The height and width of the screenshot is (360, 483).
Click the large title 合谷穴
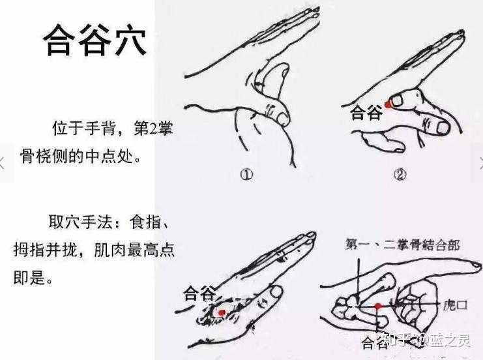pyautogui.click(x=95, y=40)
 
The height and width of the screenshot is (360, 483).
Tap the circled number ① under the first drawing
pyautogui.click(x=246, y=175)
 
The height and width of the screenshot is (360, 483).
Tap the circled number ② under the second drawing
pyautogui.click(x=400, y=175)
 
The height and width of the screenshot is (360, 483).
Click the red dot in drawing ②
pyautogui.click(x=388, y=105)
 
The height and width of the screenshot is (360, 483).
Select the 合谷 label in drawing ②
pyautogui.click(x=366, y=112)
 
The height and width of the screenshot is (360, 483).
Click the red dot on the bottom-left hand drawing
pyautogui.click(x=222, y=312)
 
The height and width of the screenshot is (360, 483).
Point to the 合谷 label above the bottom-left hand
pyautogui.click(x=199, y=293)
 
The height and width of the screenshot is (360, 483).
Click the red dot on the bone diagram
pyautogui.click(x=378, y=306)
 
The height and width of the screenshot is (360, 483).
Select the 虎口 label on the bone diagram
pyautogui.click(x=455, y=305)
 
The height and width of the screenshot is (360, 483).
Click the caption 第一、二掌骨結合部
pyautogui.click(x=402, y=245)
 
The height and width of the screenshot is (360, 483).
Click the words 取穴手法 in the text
pyautogui.click(x=80, y=222)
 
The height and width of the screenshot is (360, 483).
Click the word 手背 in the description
pyautogui.click(x=101, y=128)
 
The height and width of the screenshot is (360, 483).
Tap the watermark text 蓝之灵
pyautogui.click(x=450, y=340)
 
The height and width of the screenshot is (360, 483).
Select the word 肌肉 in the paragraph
pyautogui.click(x=110, y=250)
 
